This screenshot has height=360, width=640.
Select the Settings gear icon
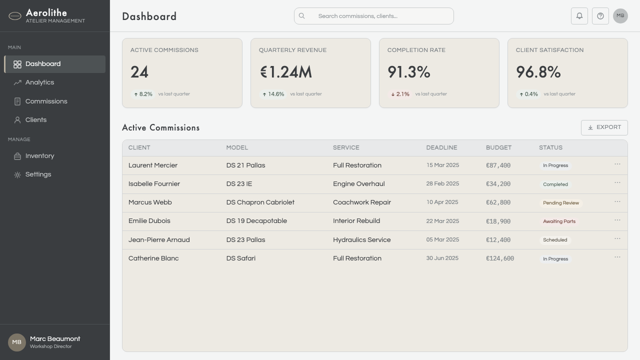[x=17, y=175]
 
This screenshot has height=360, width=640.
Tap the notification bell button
[x=579, y=16]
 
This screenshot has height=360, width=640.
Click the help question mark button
[x=600, y=16]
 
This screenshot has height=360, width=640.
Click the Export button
[x=604, y=127]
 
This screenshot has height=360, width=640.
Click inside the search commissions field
[x=373, y=16]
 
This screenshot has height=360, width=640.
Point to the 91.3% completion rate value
[x=409, y=72]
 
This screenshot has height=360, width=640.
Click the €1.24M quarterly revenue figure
[x=286, y=72]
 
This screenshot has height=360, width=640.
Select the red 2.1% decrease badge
[x=400, y=94]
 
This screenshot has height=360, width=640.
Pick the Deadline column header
[x=441, y=147]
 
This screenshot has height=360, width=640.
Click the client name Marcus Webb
[x=150, y=202]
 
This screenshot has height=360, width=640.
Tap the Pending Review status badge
[x=561, y=203]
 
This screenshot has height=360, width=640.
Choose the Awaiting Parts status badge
[x=559, y=221]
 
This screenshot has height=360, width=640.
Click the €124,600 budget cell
[x=500, y=258]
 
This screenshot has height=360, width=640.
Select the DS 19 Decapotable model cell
[x=256, y=221]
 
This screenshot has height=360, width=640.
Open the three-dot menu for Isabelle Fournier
[x=617, y=183]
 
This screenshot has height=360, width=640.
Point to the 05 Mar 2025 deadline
[x=442, y=239]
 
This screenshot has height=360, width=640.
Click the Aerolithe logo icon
[x=15, y=16]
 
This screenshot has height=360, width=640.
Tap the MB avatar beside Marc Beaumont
[x=17, y=342]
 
